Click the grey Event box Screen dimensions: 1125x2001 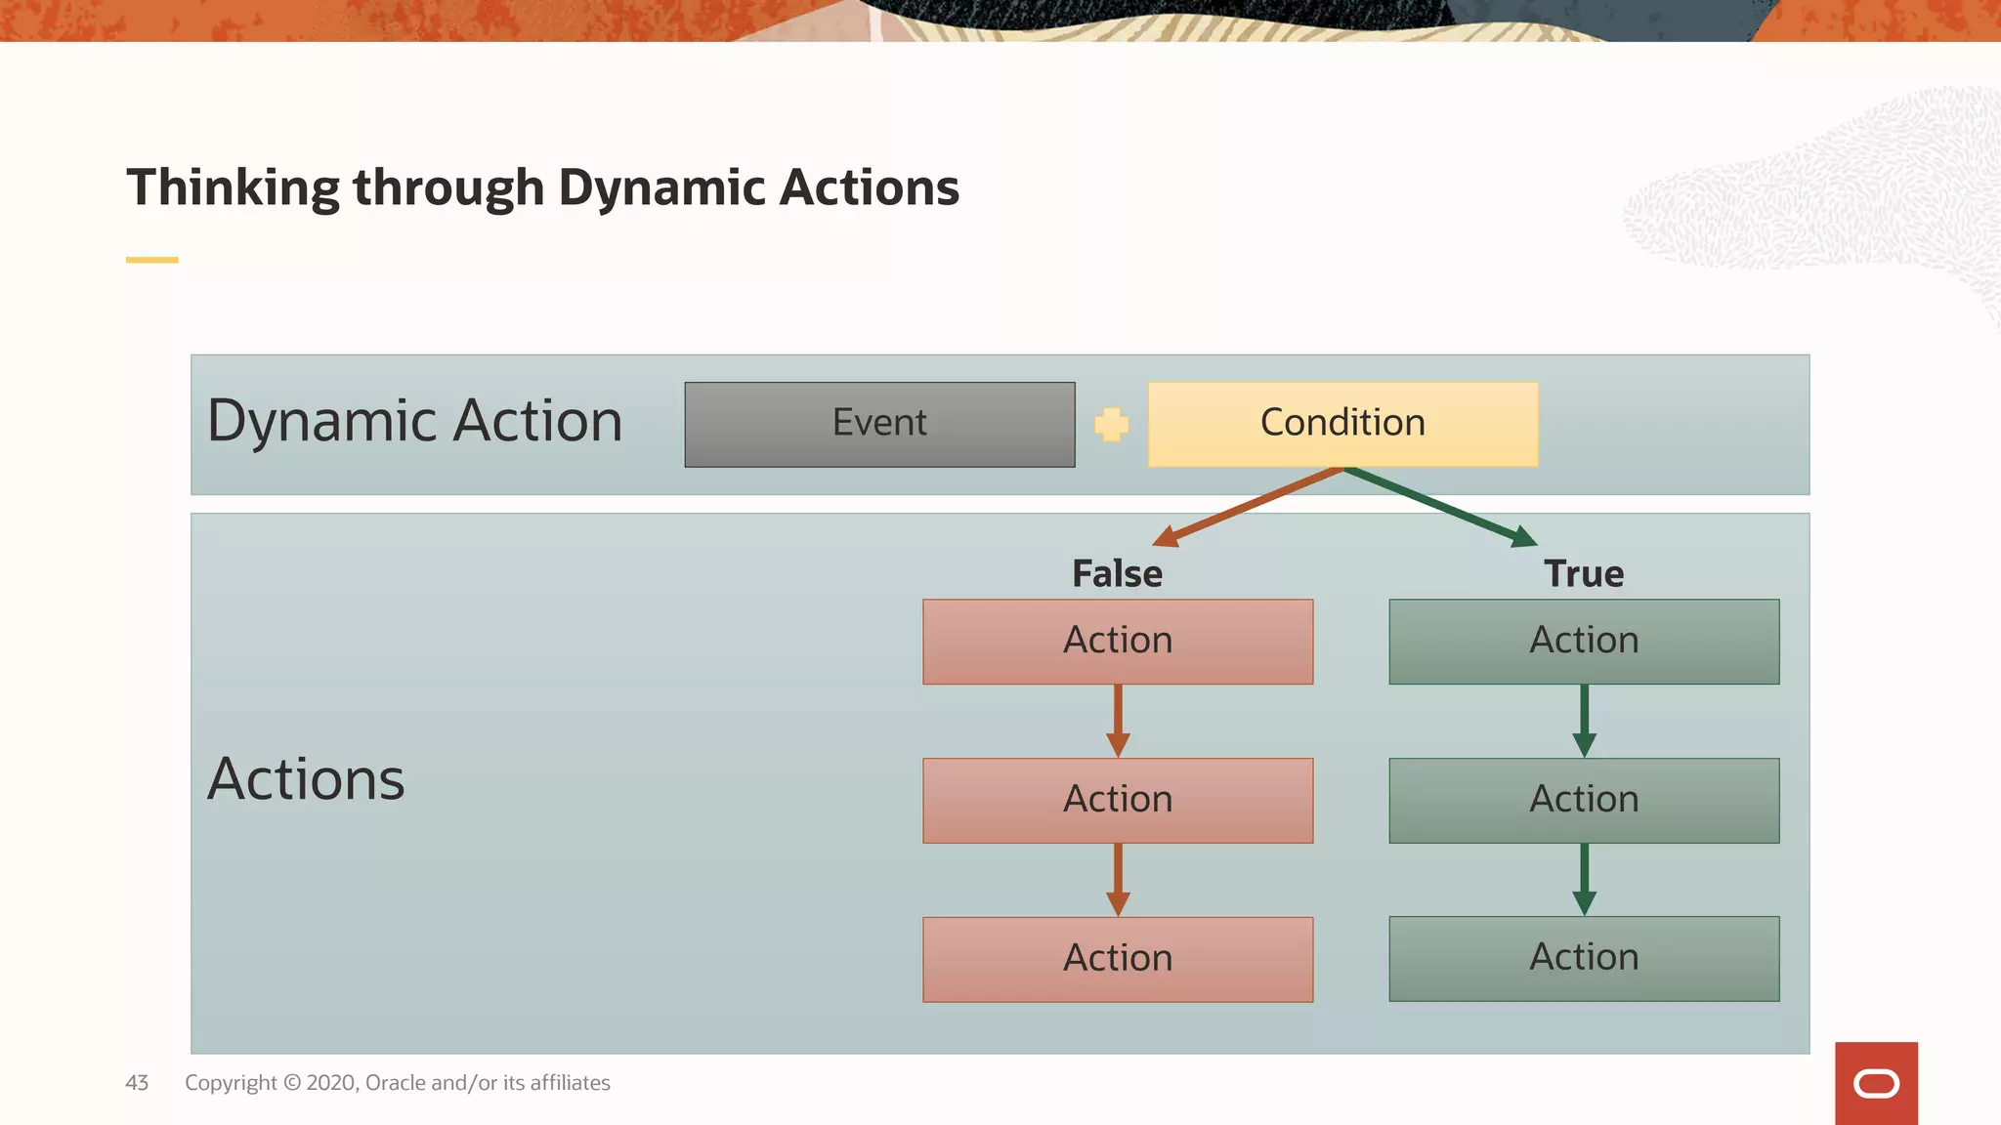pos(879,424)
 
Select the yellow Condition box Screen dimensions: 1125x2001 pos(1342,424)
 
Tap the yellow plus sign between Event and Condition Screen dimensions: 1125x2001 pos(1111,424)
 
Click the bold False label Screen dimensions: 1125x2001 pos(1117,573)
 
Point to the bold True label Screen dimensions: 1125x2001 pos(1584,573)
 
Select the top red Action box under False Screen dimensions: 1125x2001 pos(1118,642)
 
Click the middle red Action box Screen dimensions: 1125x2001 pos(1118,800)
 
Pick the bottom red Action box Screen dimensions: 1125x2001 pos(1118,959)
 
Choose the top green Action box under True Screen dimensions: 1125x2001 pos(1584,642)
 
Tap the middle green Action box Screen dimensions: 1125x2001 pos(1584,800)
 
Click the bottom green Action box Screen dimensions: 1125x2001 pos(1584,958)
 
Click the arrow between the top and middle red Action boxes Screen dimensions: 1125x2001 pos(1118,721)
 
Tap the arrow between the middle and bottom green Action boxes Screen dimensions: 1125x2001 pos(1584,879)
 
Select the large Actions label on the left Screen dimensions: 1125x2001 pos(306,779)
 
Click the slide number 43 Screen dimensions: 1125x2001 pos(137,1082)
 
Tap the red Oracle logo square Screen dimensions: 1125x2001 pos(1876,1083)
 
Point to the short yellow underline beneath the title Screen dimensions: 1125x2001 pos(151,260)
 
